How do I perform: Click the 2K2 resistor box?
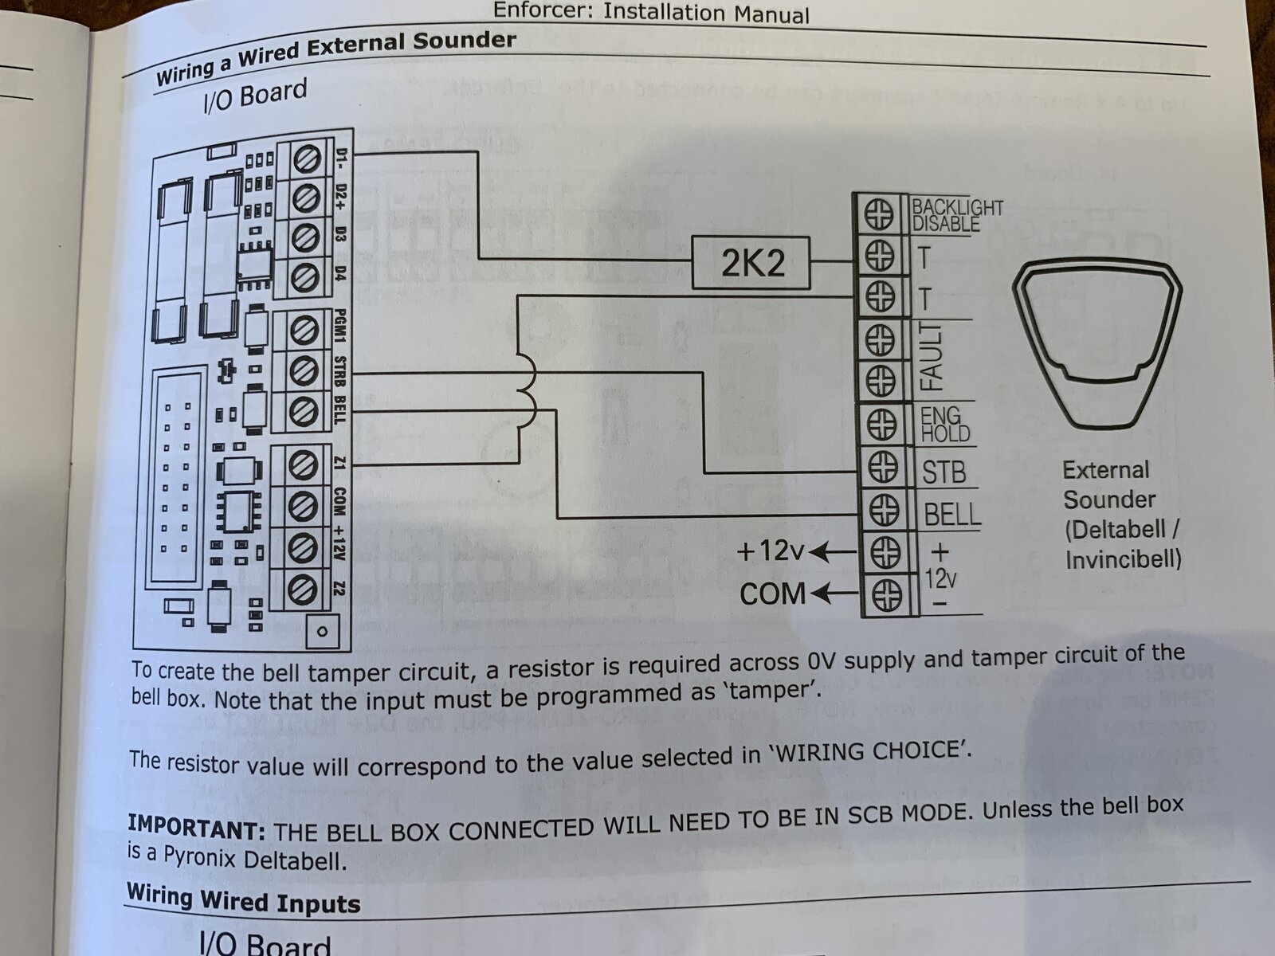[751, 262]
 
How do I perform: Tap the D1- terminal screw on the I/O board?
[307, 159]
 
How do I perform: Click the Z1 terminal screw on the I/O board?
[303, 466]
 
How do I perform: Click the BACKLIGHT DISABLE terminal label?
[957, 215]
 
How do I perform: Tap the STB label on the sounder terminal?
[944, 472]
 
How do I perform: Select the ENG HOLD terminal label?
[946, 425]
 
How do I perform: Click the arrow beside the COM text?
[834, 594]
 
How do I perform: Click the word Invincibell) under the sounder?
[1124, 559]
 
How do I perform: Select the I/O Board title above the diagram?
[254, 96]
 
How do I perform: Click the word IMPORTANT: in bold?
[196, 827]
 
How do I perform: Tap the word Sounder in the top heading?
[464, 42]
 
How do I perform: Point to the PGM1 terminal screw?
[304, 331]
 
